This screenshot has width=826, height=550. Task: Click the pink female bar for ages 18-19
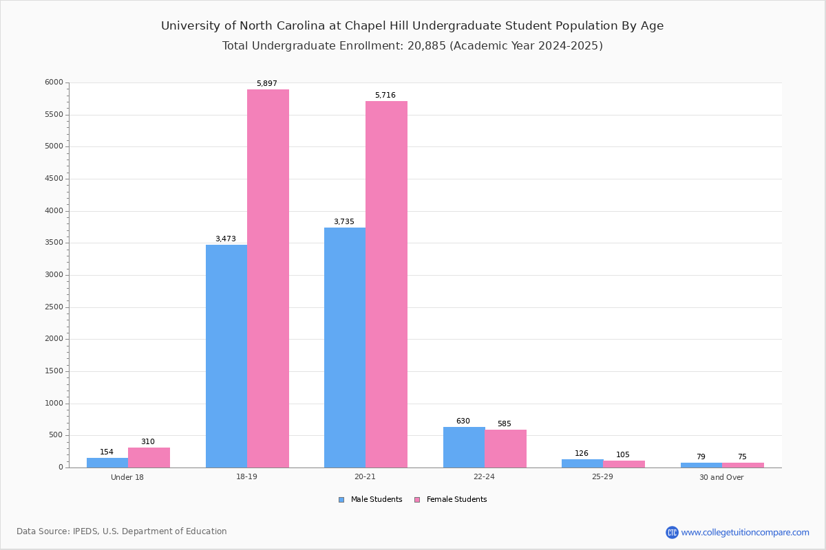coord(268,278)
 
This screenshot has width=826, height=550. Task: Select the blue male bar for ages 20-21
coord(345,347)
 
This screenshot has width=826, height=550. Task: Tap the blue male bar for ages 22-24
coord(464,447)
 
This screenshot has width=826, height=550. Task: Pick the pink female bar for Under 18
coord(149,457)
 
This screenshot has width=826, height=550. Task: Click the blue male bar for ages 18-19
coord(226,356)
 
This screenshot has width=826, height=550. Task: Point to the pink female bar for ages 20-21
coord(386,284)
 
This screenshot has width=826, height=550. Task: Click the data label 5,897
coord(267,84)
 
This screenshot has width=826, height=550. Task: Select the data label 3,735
coord(344,222)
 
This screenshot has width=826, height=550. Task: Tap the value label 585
coord(505,424)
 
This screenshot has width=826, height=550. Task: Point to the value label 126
coord(582,454)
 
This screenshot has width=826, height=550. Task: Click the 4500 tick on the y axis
coord(54,179)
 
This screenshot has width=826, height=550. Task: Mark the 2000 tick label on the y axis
coord(54,339)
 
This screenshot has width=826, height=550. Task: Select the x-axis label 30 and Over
coord(721,478)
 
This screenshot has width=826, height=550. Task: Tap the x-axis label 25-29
coord(602,477)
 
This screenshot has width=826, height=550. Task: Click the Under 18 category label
coord(127,477)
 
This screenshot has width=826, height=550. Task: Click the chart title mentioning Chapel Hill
coord(412,26)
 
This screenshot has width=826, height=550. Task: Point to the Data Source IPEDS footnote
coord(122,531)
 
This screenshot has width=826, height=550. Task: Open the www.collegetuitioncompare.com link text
coord(745,532)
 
